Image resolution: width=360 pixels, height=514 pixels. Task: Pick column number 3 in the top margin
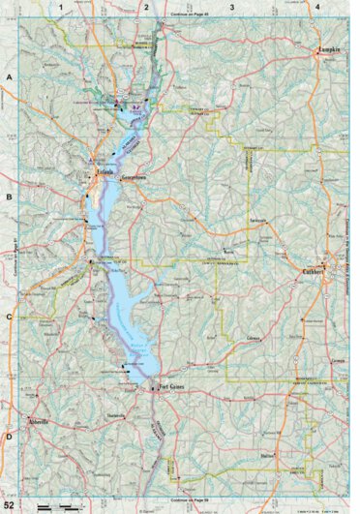pos(231,7)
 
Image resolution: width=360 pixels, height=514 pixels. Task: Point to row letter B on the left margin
pos(10,196)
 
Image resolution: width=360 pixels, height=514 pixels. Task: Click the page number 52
pos(10,505)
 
